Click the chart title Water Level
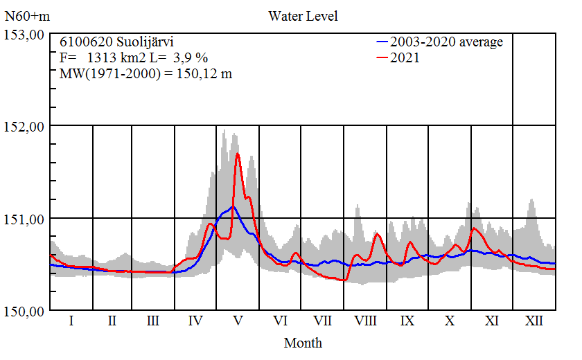[x=303, y=16]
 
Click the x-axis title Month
[x=303, y=342]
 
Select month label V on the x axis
[x=238, y=321]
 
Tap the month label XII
[x=533, y=321]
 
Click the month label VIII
[x=365, y=321]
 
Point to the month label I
[x=71, y=321]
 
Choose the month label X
[x=450, y=321]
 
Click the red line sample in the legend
[x=385, y=58]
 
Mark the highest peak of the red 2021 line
[x=238, y=154]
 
